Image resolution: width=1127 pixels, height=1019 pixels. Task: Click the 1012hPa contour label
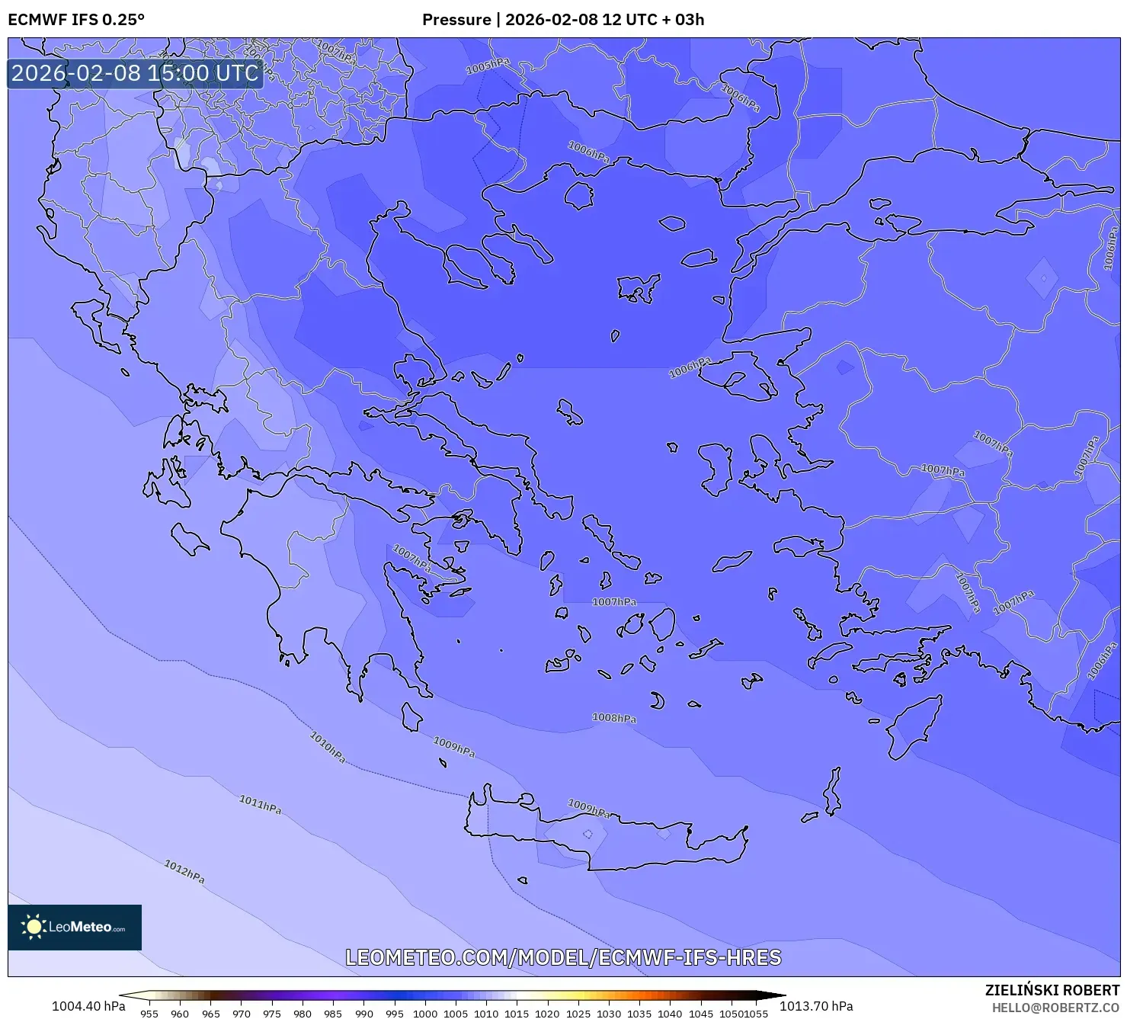[184, 871]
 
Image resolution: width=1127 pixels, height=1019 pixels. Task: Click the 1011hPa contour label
[260, 804]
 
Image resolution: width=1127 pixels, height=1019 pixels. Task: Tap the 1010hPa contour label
[328, 747]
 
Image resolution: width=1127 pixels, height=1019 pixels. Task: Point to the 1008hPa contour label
[614, 718]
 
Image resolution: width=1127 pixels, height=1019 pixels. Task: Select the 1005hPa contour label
[488, 67]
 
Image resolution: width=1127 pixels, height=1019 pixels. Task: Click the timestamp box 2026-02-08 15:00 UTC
[135, 73]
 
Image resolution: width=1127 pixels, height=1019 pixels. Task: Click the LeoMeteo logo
[75, 927]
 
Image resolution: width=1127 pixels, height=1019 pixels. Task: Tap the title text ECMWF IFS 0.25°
[76, 20]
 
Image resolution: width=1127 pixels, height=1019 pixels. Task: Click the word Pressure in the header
[456, 20]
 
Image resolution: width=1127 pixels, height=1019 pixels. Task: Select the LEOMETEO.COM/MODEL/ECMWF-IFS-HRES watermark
[563, 957]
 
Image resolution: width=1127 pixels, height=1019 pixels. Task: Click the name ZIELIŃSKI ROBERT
[1052, 990]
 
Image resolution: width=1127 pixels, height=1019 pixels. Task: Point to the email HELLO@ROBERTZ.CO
[1055, 1008]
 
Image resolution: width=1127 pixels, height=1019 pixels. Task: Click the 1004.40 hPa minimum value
[88, 1006]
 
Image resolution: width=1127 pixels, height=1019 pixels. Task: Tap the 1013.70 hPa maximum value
[816, 1006]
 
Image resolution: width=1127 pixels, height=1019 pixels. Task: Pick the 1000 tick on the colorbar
[425, 1014]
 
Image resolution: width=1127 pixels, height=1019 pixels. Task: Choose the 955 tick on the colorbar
[149, 1014]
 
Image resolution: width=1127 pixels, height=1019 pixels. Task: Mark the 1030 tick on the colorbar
[609, 1014]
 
